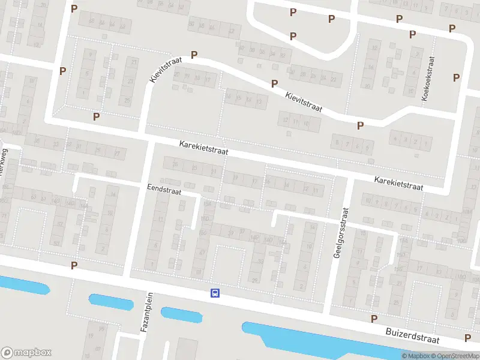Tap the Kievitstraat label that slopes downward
pos(304,101)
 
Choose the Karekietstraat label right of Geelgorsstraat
pos(399,184)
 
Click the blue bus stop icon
pos(215,293)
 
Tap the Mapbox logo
pos(26,353)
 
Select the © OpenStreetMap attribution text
pos(457,356)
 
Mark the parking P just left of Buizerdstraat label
pos(374,319)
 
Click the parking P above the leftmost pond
pos(74,265)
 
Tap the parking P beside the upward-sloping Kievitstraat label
pos(194,55)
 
